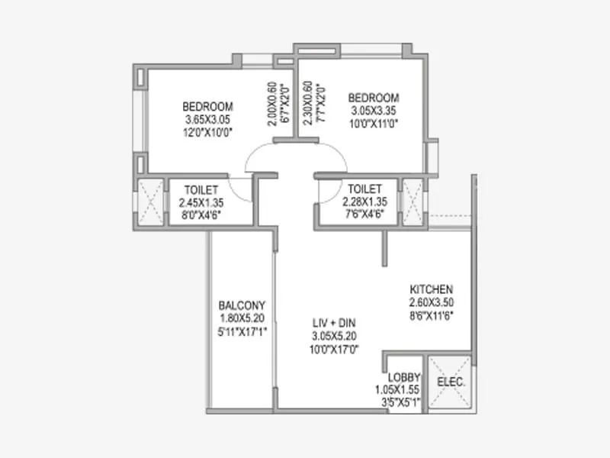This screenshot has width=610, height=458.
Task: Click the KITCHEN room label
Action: [x=432, y=289]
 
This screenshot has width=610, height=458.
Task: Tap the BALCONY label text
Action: [x=242, y=304]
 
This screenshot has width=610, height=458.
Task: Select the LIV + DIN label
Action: [x=336, y=323]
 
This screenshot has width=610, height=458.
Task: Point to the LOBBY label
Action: [x=400, y=377]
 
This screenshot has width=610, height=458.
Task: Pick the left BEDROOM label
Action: [x=207, y=107]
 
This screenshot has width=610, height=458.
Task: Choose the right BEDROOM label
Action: [x=374, y=98]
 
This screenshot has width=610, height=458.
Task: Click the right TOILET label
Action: [x=364, y=189]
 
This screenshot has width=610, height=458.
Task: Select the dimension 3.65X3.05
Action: [x=207, y=120]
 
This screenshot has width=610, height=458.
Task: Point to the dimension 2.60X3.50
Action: [x=432, y=302]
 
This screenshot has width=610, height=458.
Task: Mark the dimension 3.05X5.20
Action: [x=336, y=336]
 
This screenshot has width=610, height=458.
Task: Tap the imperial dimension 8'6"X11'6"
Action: [x=432, y=314]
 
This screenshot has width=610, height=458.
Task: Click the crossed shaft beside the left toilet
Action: [x=149, y=202]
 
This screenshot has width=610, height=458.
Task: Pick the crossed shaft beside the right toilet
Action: [x=413, y=202]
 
